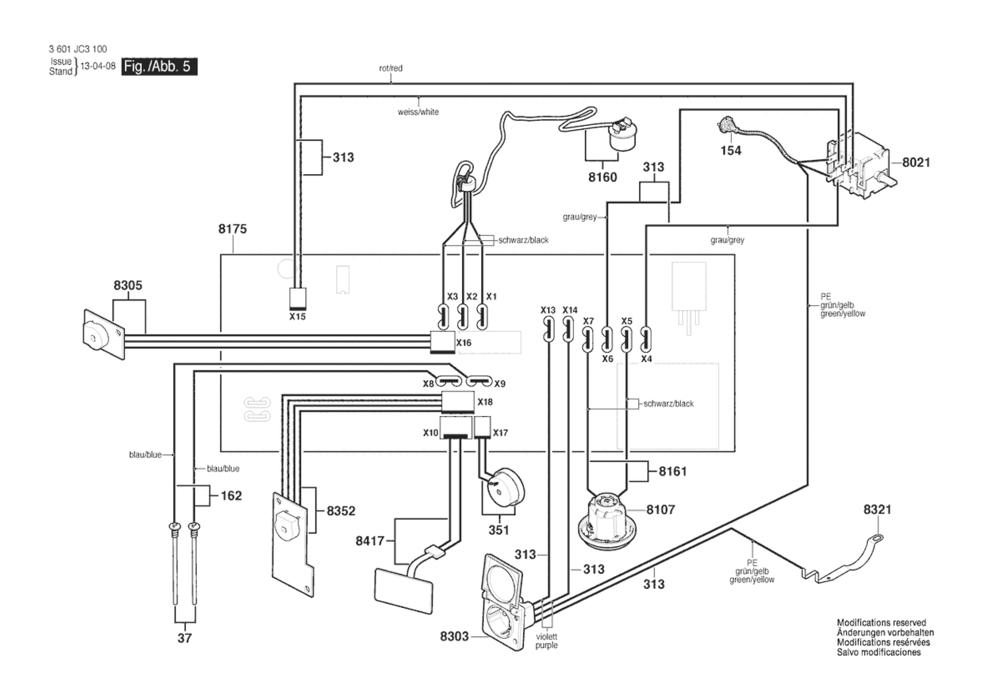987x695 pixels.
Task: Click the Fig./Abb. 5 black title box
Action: (159, 66)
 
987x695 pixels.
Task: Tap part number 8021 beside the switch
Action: (916, 162)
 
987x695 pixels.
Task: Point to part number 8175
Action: (232, 229)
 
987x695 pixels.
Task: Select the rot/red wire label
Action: (390, 68)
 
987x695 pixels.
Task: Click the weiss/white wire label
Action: (418, 112)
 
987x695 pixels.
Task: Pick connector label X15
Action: (297, 317)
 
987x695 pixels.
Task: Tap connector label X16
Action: (464, 343)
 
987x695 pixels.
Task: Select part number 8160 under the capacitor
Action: (603, 177)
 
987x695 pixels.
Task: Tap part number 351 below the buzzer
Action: (499, 530)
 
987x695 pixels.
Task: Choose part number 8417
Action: (370, 541)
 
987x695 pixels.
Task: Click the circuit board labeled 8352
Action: (293, 543)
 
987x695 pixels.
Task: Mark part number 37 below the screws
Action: (184, 638)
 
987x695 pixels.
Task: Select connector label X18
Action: (485, 402)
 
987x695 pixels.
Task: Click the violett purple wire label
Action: (546, 641)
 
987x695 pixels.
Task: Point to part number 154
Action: (731, 151)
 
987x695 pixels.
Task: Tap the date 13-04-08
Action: (98, 66)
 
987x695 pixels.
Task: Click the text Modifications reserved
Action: (881, 622)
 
